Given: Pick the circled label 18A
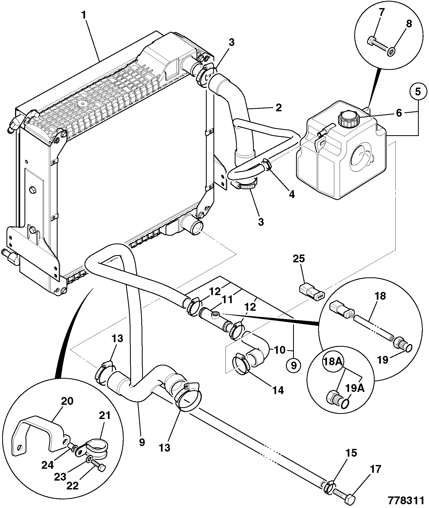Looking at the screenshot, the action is (333, 362).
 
